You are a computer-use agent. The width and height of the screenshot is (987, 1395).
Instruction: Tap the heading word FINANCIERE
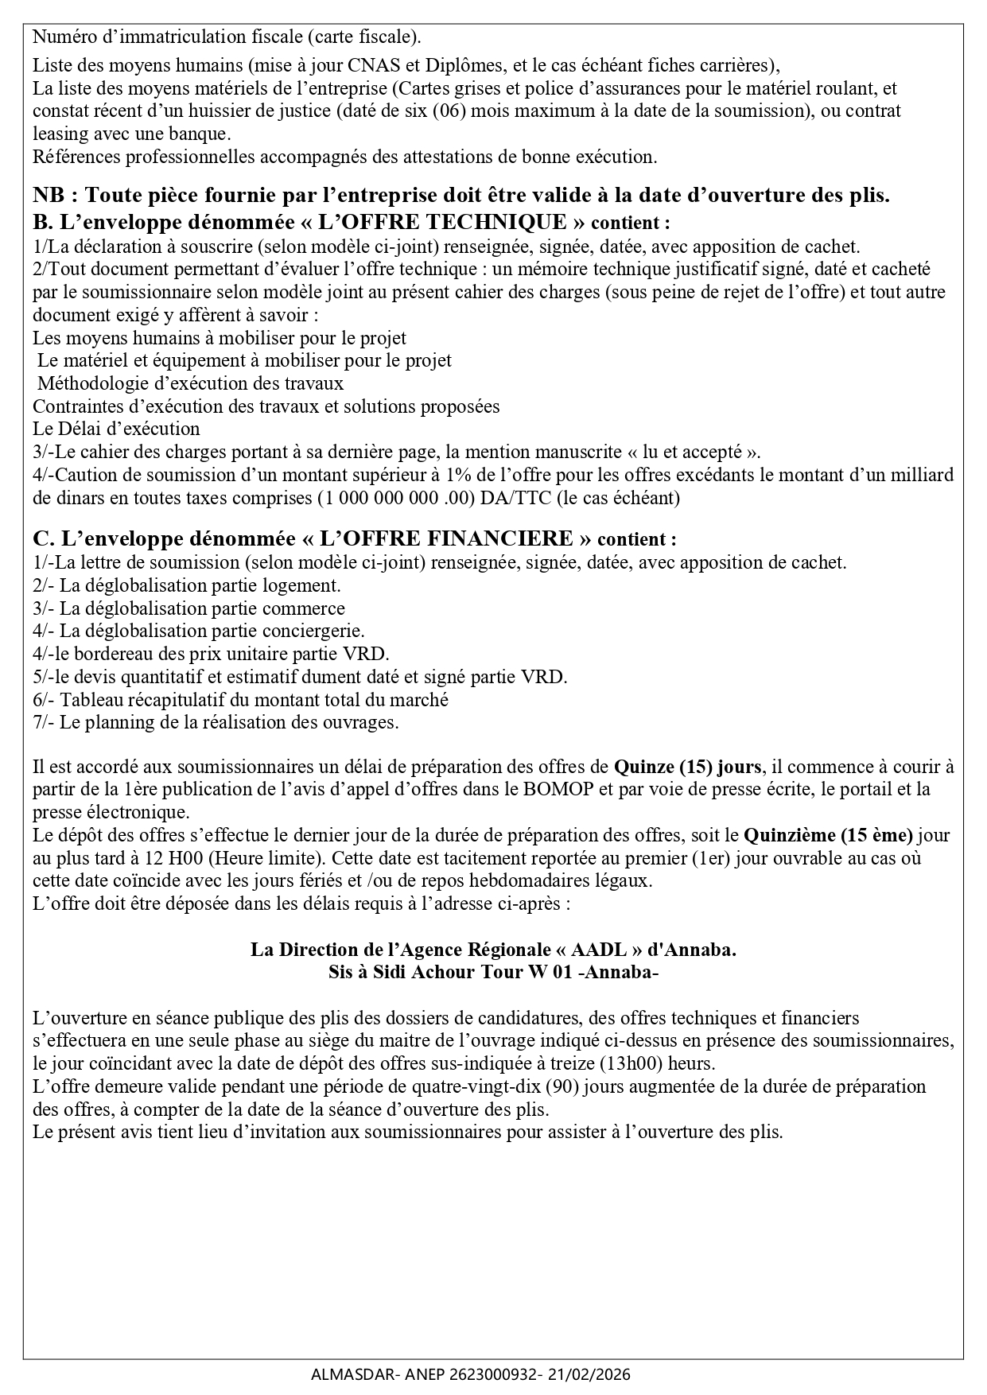[500, 538]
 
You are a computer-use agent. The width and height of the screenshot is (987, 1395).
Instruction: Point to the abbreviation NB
[50, 196]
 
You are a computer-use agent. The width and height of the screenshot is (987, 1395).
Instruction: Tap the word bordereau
[111, 654]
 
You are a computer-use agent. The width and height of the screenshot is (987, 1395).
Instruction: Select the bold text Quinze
[643, 767]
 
